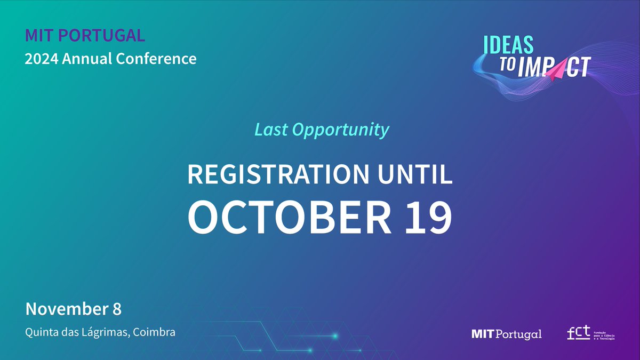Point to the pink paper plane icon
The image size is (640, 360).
pos(558,68)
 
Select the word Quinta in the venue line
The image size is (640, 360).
pos(42,332)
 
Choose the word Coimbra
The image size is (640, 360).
pos(155,332)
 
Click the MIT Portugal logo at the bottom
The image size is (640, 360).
pos(507,334)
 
